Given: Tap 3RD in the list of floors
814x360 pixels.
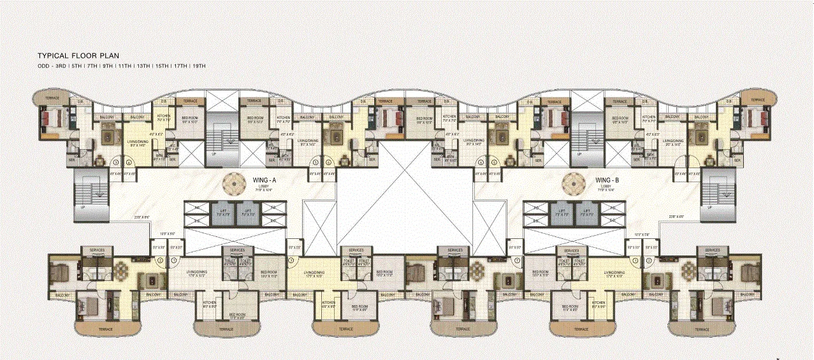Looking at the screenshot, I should (x=61, y=66).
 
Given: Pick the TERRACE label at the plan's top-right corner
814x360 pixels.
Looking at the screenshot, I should (x=757, y=100).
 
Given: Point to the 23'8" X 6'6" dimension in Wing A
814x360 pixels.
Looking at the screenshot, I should (x=142, y=217).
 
